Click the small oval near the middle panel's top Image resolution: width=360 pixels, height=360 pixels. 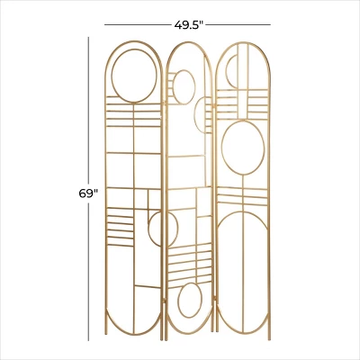[184, 87]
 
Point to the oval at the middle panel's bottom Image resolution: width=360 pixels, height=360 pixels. [189, 301]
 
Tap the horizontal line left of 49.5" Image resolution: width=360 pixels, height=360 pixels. [135, 23]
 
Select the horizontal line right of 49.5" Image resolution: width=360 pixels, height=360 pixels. [240, 23]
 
